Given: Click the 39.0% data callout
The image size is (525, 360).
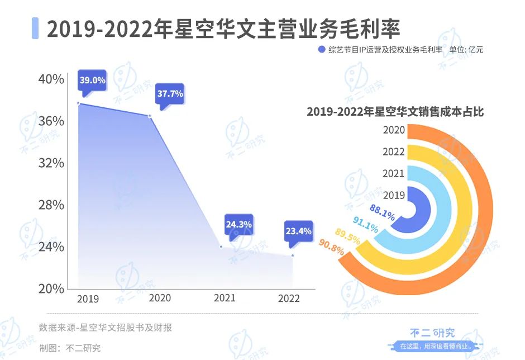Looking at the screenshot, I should click(92, 80).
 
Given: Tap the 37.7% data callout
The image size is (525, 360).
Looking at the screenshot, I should click(170, 93).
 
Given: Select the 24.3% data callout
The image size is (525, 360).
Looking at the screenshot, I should click(238, 224).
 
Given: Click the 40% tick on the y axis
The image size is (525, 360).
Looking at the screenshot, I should click(51, 79).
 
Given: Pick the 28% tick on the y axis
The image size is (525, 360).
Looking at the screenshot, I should click(51, 205).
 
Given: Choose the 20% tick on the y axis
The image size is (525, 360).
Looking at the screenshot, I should click(51, 288).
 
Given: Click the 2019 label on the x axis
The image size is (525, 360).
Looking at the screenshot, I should click(88, 299).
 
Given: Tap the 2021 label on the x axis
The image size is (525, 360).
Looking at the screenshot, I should click(225, 298).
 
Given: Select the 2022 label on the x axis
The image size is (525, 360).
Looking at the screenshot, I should click(289, 299).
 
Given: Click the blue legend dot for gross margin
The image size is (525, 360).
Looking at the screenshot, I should click(321, 50).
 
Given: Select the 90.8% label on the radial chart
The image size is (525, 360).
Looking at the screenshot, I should click(331, 247).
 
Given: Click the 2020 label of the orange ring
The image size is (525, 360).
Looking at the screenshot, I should click(394, 130).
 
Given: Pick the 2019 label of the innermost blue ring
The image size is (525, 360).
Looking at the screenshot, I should click(394, 195).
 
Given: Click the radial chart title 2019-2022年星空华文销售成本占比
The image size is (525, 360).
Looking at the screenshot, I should click(395, 111).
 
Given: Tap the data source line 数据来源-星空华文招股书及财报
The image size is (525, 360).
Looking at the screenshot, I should click(106, 328).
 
